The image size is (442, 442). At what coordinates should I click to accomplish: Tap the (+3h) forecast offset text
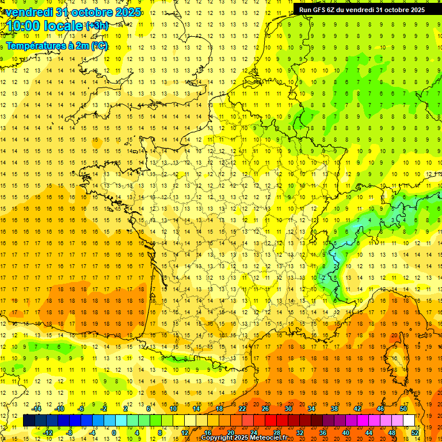click(97, 26)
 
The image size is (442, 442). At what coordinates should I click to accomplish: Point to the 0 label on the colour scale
click(114, 433)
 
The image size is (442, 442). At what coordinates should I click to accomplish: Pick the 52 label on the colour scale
click(415, 433)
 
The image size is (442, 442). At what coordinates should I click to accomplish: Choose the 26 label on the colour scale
click(265, 409)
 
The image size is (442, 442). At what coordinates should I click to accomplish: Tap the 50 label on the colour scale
click(403, 409)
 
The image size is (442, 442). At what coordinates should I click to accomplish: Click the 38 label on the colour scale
click(334, 409)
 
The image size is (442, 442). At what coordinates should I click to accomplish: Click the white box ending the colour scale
click(409, 421)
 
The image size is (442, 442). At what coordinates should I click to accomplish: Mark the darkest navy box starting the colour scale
click(29, 421)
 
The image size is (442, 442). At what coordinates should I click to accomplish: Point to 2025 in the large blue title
click(122, 12)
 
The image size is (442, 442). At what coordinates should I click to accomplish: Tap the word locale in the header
click(63, 26)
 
